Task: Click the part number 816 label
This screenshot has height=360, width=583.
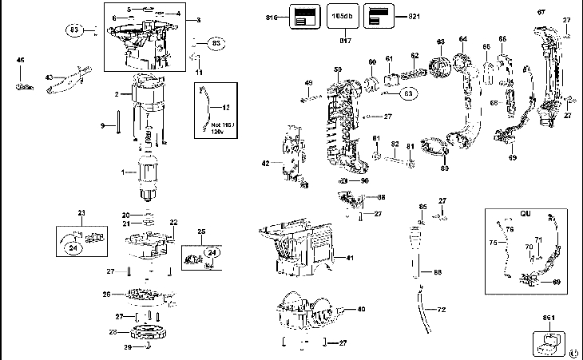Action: [272, 16]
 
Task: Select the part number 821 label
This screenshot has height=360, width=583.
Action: [413, 16]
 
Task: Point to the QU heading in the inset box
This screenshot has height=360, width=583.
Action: [525, 214]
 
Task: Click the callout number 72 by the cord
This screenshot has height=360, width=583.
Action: [441, 307]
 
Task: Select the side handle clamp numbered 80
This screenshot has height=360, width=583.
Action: [434, 149]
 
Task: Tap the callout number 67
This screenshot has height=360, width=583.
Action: [541, 11]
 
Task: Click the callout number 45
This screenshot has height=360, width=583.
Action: [21, 60]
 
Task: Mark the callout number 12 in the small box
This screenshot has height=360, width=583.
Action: [226, 106]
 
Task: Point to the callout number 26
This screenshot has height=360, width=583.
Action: [105, 295]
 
